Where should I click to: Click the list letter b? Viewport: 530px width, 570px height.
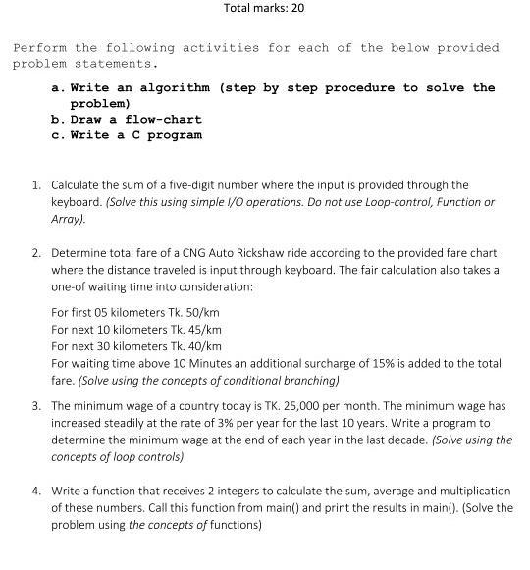[x=55, y=119]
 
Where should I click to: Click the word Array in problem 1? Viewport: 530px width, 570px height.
[x=68, y=219]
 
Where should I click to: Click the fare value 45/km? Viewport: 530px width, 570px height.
[x=203, y=329]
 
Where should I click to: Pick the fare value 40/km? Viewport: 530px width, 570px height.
[x=203, y=345]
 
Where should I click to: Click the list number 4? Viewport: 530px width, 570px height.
[x=36, y=490]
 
